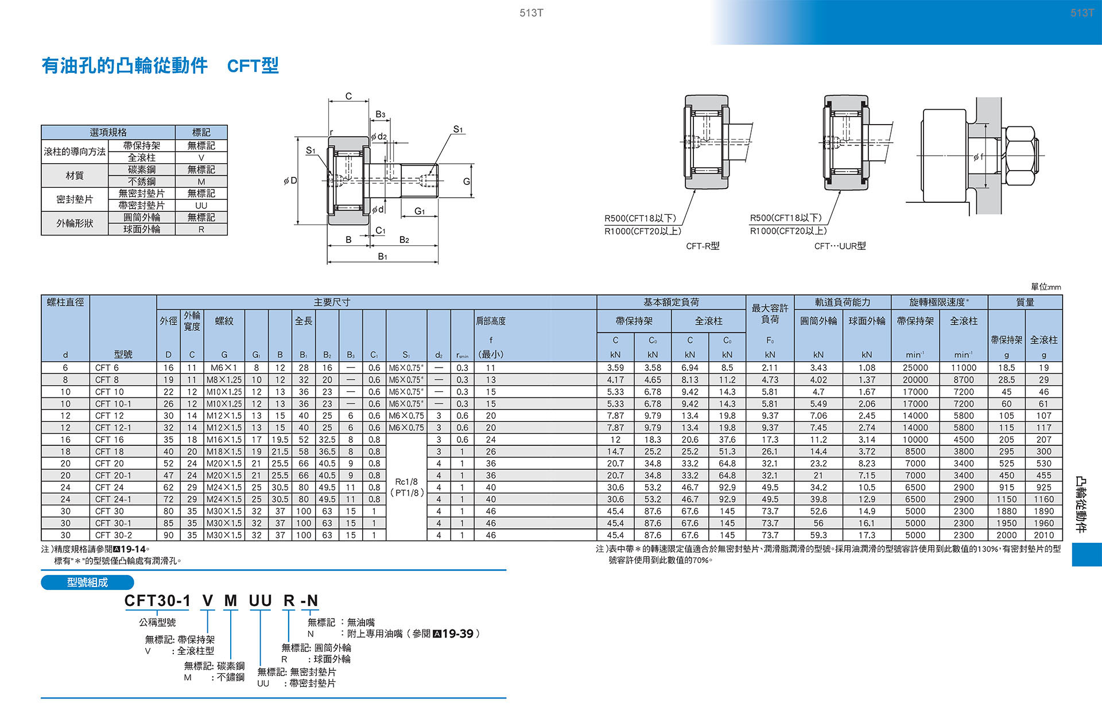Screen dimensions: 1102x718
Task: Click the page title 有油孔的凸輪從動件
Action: tap(125, 65)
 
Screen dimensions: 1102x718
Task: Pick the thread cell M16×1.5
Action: tap(224, 439)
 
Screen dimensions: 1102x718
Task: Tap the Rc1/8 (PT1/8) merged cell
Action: tap(406, 487)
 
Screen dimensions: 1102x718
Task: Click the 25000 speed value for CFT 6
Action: tap(915, 368)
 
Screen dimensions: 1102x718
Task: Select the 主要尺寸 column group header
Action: tap(332, 302)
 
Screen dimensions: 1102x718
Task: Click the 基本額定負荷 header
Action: tap(671, 302)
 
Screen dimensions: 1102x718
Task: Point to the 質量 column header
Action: tap(1025, 302)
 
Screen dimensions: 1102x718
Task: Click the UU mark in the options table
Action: tap(201, 206)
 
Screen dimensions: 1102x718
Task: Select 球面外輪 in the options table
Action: tap(142, 229)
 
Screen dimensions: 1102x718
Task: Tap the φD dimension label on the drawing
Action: tap(290, 181)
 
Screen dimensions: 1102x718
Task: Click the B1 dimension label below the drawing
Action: tap(382, 256)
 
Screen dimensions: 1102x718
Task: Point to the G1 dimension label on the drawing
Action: tap(420, 211)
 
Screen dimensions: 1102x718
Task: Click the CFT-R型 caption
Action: tap(703, 246)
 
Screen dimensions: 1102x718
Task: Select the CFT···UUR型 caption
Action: tap(840, 246)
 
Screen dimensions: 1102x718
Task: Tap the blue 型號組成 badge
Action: tap(87, 582)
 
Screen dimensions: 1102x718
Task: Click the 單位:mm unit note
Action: tap(1046, 287)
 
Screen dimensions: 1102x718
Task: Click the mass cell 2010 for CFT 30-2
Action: tap(1043, 535)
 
